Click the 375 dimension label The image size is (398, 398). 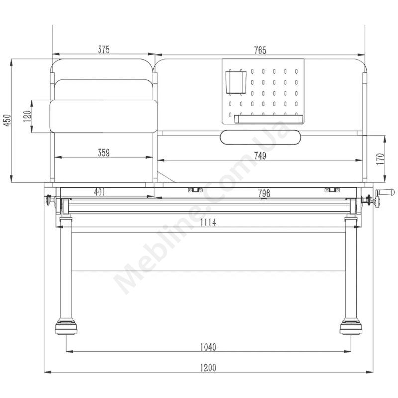[x=104, y=49]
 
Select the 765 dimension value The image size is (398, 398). [x=260, y=50]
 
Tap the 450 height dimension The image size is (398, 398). [x=7, y=120]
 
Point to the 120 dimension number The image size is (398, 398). [x=27, y=116]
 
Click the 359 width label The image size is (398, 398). [x=104, y=153]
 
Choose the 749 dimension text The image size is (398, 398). [x=260, y=156]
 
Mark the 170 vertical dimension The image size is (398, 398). [x=380, y=159]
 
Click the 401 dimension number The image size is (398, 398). [x=99, y=192]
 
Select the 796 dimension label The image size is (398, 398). [x=264, y=194]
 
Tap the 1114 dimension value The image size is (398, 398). [x=208, y=222]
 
